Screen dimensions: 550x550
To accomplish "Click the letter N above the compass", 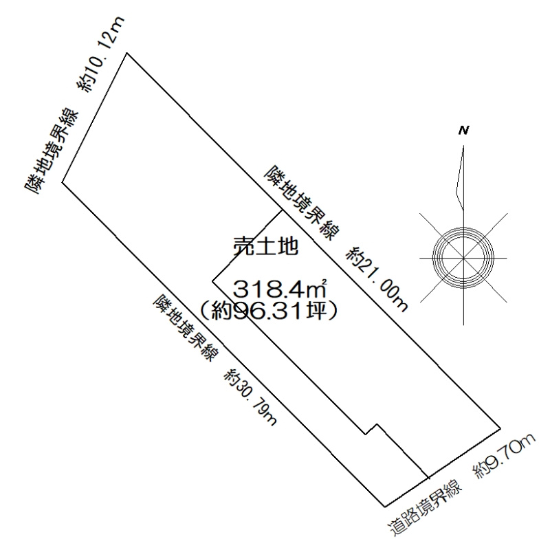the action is (463, 131).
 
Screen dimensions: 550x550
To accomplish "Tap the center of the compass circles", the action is (463, 258).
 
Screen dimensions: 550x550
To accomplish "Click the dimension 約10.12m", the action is (100, 55).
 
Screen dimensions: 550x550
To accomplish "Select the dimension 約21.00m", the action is (377, 279).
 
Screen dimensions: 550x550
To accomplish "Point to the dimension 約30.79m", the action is (251, 397).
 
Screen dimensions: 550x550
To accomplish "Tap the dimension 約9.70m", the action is (504, 456).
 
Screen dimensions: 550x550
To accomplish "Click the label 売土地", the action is (266, 247).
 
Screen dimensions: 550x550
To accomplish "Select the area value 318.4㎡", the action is (280, 289).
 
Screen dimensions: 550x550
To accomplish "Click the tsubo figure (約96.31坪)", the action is (268, 311).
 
